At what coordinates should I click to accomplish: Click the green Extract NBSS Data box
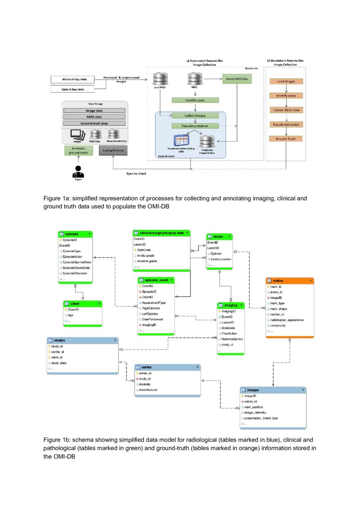pyautogui.click(x=237, y=79)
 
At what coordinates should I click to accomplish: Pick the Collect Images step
pyautogui.click(x=194, y=116)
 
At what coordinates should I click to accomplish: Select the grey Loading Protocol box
pyautogui.click(x=113, y=151)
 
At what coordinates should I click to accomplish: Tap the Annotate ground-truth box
pyautogui.click(x=78, y=151)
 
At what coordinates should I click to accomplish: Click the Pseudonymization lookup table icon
pyautogui.click(x=180, y=140)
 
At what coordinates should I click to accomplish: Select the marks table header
pyautogui.click(x=290, y=281)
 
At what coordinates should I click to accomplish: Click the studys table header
pyautogui.click(x=83, y=340)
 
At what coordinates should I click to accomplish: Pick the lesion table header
pyautogui.click(x=220, y=236)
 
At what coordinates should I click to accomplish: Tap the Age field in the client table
pyautogui.click(x=70, y=315)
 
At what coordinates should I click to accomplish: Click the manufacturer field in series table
pyautogui.click(x=148, y=390)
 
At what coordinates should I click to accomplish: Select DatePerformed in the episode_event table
pyautogui.click(x=153, y=319)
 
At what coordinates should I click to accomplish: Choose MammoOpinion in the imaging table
pyautogui.click(x=233, y=339)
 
